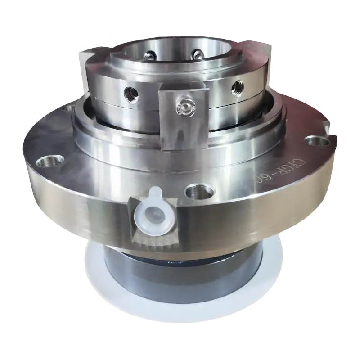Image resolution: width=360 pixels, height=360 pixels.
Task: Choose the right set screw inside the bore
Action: click(197, 54)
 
